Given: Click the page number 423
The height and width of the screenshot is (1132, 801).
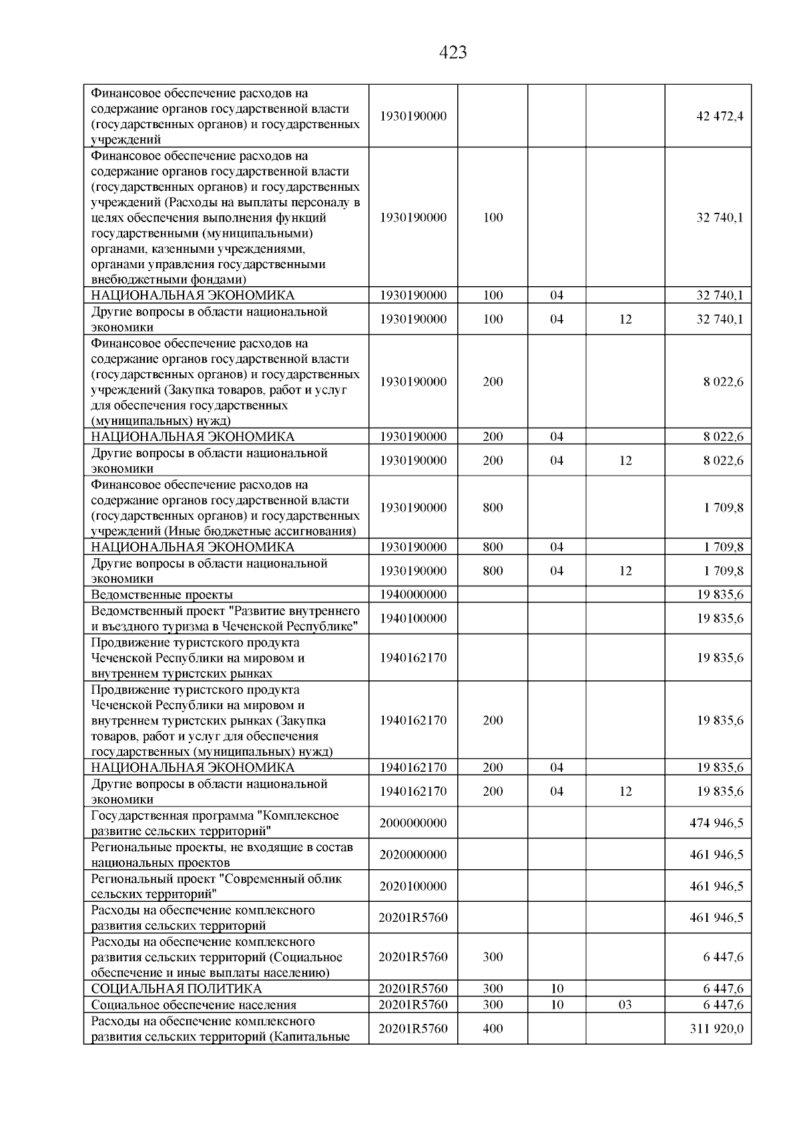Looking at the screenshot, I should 453,53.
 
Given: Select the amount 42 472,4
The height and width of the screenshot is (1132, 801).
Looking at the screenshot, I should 719,116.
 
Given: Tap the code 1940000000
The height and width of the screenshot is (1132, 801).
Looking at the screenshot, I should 413,594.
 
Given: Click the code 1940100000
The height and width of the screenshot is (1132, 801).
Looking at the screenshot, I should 413,618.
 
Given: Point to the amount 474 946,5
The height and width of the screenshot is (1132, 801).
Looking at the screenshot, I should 716,823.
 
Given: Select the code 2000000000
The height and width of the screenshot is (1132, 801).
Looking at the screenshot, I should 413,823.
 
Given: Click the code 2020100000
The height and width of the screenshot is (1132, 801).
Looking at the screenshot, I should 413,887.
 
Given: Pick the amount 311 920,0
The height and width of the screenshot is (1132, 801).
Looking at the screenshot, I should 716,1029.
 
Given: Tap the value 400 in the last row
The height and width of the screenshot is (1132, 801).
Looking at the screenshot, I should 493,1029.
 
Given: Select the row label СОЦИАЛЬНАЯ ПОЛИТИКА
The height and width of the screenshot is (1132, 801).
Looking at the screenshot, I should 176,989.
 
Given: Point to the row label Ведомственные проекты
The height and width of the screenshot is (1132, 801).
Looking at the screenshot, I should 162,594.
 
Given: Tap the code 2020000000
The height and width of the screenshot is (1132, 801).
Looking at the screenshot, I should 413,855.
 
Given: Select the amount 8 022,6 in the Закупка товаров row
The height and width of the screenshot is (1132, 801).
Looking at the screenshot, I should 722,382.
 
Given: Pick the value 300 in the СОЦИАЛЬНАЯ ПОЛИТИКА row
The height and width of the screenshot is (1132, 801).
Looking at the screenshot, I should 493,989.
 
